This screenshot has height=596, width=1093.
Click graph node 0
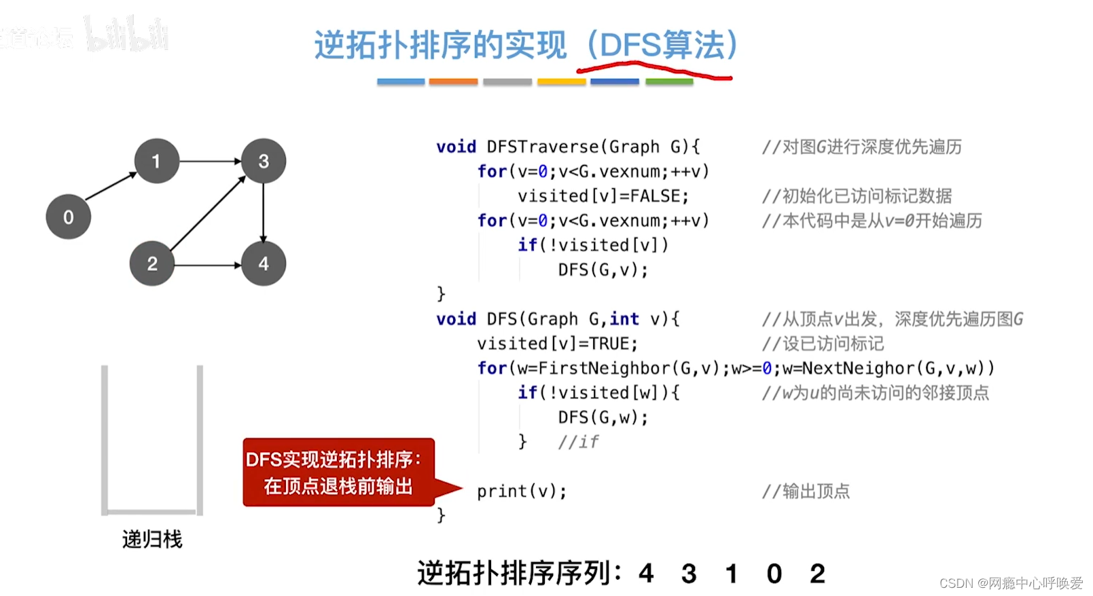(68, 217)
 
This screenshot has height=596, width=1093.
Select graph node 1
(156, 162)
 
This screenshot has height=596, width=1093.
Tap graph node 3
(264, 162)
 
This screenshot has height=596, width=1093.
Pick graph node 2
(152, 263)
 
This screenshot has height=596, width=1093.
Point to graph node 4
(264, 263)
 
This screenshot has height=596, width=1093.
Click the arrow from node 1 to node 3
(210, 162)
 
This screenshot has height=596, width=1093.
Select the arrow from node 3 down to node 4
(264, 212)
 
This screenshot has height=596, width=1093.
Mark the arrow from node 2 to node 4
(208, 265)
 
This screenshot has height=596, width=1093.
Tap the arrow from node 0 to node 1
(111, 187)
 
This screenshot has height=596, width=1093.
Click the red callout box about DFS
(338, 472)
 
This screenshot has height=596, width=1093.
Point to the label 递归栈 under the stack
(152, 540)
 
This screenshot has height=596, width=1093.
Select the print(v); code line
(521, 491)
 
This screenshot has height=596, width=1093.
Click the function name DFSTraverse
(542, 147)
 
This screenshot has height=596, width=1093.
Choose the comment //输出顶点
(806, 491)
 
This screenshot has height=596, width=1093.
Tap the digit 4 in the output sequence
(646, 574)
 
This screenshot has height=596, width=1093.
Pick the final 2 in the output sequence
(817, 574)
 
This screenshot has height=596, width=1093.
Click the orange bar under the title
(453, 81)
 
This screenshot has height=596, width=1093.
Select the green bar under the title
(669, 81)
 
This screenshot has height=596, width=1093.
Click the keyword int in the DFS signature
(624, 319)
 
